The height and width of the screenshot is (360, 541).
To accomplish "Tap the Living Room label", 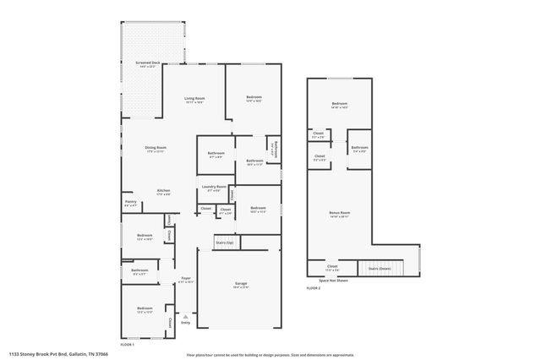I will pos(195,99).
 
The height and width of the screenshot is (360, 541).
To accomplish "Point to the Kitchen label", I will pos(163,191).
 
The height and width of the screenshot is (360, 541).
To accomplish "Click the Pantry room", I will pos(130,203).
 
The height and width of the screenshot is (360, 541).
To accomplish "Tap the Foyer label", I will pos(186,278).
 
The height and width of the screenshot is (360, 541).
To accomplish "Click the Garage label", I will pos(238,285).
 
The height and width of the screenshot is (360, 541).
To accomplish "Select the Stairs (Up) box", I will pos(226,243).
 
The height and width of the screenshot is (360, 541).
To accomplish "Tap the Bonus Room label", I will pos(339,213).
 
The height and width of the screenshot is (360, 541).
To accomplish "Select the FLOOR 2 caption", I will pos(314,289).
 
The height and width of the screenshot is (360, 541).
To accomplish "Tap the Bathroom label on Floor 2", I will pos(359,148).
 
